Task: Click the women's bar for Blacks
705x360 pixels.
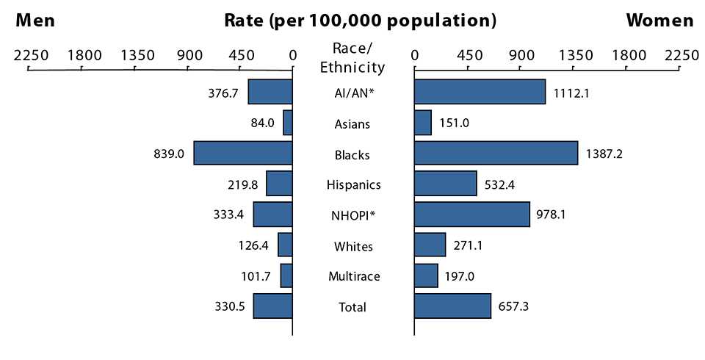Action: point(496,154)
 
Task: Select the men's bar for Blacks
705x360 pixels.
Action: point(243,154)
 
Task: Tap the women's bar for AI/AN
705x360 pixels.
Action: point(480,93)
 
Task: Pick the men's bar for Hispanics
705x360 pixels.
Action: point(279,184)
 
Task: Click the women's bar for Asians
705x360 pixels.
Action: point(423,123)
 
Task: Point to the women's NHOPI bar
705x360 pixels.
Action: point(471,215)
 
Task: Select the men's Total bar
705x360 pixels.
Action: point(273,306)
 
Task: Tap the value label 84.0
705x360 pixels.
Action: point(262,123)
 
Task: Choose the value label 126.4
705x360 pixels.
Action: point(258,246)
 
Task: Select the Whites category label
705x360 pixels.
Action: point(353,246)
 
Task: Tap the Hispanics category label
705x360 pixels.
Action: point(353,184)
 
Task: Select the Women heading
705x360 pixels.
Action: point(659,21)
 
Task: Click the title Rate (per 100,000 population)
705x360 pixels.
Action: point(360,21)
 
